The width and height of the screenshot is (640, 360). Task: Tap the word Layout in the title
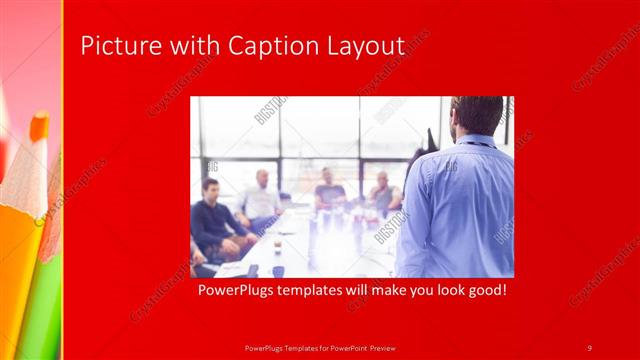[367, 46]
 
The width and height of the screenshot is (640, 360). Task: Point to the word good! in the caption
[484, 291]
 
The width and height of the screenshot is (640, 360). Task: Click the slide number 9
[589, 347]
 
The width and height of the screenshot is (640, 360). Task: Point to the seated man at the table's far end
[329, 189]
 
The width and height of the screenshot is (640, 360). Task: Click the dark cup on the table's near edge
[277, 271]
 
